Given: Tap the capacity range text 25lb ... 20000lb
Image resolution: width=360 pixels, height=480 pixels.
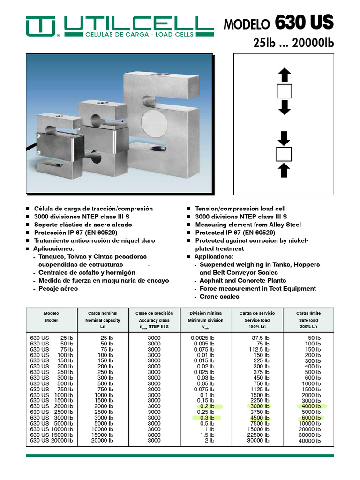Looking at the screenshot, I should click(x=293, y=44).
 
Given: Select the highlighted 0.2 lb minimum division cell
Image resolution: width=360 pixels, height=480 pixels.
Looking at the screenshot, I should click(x=206, y=406).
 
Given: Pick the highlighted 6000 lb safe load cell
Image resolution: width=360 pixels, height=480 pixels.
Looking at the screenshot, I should click(x=311, y=418).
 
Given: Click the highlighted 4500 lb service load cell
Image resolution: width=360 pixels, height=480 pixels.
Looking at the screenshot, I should click(x=260, y=418).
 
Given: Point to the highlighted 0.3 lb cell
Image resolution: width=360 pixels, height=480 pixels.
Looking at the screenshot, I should click(x=206, y=418).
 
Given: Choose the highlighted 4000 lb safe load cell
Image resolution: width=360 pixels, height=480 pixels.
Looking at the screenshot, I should click(x=311, y=406).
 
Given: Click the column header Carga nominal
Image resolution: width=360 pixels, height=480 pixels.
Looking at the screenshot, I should click(x=103, y=313).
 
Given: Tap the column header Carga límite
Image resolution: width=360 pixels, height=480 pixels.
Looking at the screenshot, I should click(x=308, y=313).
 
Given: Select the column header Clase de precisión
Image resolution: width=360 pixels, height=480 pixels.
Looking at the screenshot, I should click(x=154, y=313).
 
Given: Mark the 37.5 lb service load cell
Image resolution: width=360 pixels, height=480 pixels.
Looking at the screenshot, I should click(x=260, y=338).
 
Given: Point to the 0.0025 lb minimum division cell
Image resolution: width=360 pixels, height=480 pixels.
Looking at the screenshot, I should click(x=202, y=338).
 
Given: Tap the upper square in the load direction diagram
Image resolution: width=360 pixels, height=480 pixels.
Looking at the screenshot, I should click(x=285, y=91).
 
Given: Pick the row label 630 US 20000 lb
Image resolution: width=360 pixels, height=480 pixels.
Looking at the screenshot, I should click(x=52, y=441).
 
